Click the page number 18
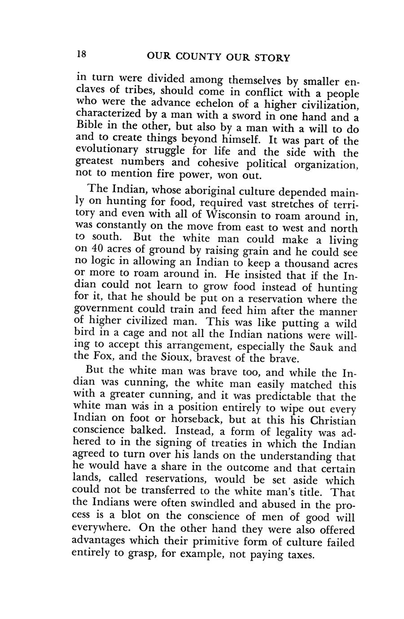(x=81, y=55)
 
